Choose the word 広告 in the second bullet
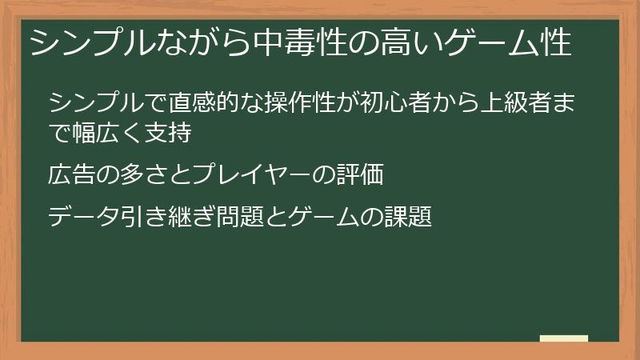(x=70, y=174)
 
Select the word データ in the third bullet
(x=82, y=216)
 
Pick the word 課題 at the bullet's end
(x=410, y=216)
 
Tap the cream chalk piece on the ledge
(x=564, y=338)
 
